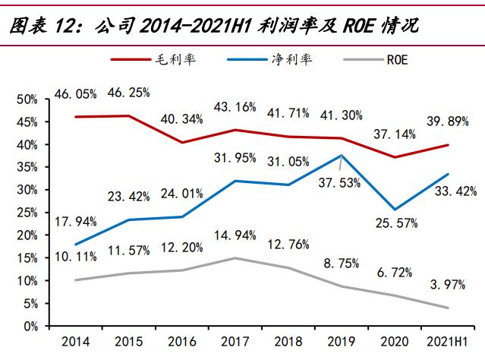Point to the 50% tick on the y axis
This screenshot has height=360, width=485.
27,99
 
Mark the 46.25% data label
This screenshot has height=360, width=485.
128,93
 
